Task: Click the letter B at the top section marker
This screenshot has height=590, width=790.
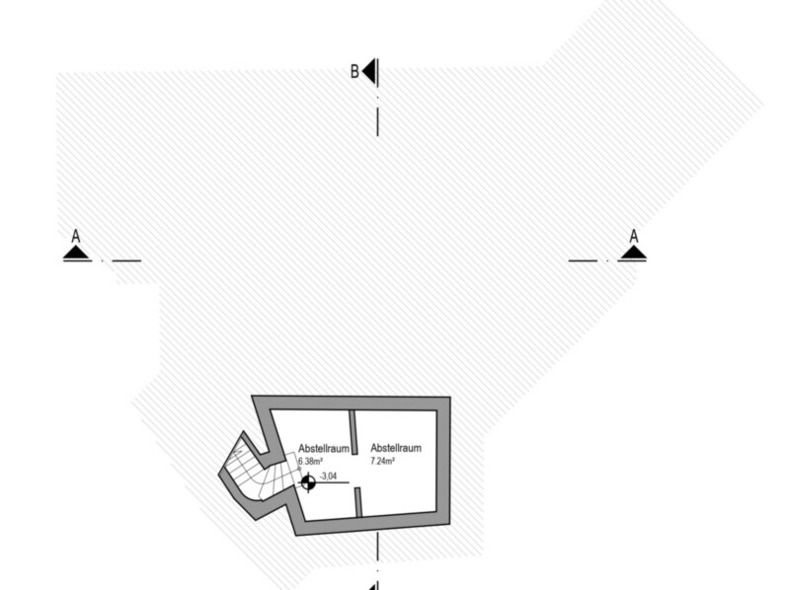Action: click(355, 71)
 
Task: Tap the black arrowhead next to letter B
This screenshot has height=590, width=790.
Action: click(369, 71)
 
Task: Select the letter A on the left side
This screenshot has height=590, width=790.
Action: click(76, 237)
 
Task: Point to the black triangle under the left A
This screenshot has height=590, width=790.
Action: click(76, 254)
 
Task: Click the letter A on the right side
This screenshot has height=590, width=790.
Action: click(634, 237)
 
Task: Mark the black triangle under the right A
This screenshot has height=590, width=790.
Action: click(633, 254)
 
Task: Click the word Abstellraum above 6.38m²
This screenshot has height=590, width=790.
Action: click(323, 449)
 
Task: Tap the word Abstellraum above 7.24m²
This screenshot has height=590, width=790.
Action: click(396, 448)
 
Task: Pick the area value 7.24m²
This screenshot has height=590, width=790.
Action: click(383, 461)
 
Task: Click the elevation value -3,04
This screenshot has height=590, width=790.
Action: click(329, 476)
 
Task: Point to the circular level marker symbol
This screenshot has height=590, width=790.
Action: click(308, 482)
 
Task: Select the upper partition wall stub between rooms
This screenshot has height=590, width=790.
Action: click(354, 431)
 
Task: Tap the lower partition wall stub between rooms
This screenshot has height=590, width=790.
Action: click(357, 500)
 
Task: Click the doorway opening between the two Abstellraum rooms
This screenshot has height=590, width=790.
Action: click(355, 470)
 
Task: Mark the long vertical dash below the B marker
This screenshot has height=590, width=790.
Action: click(377, 121)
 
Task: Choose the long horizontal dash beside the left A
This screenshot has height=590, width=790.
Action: click(126, 260)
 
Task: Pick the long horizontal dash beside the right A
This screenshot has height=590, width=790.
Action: click(583, 260)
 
